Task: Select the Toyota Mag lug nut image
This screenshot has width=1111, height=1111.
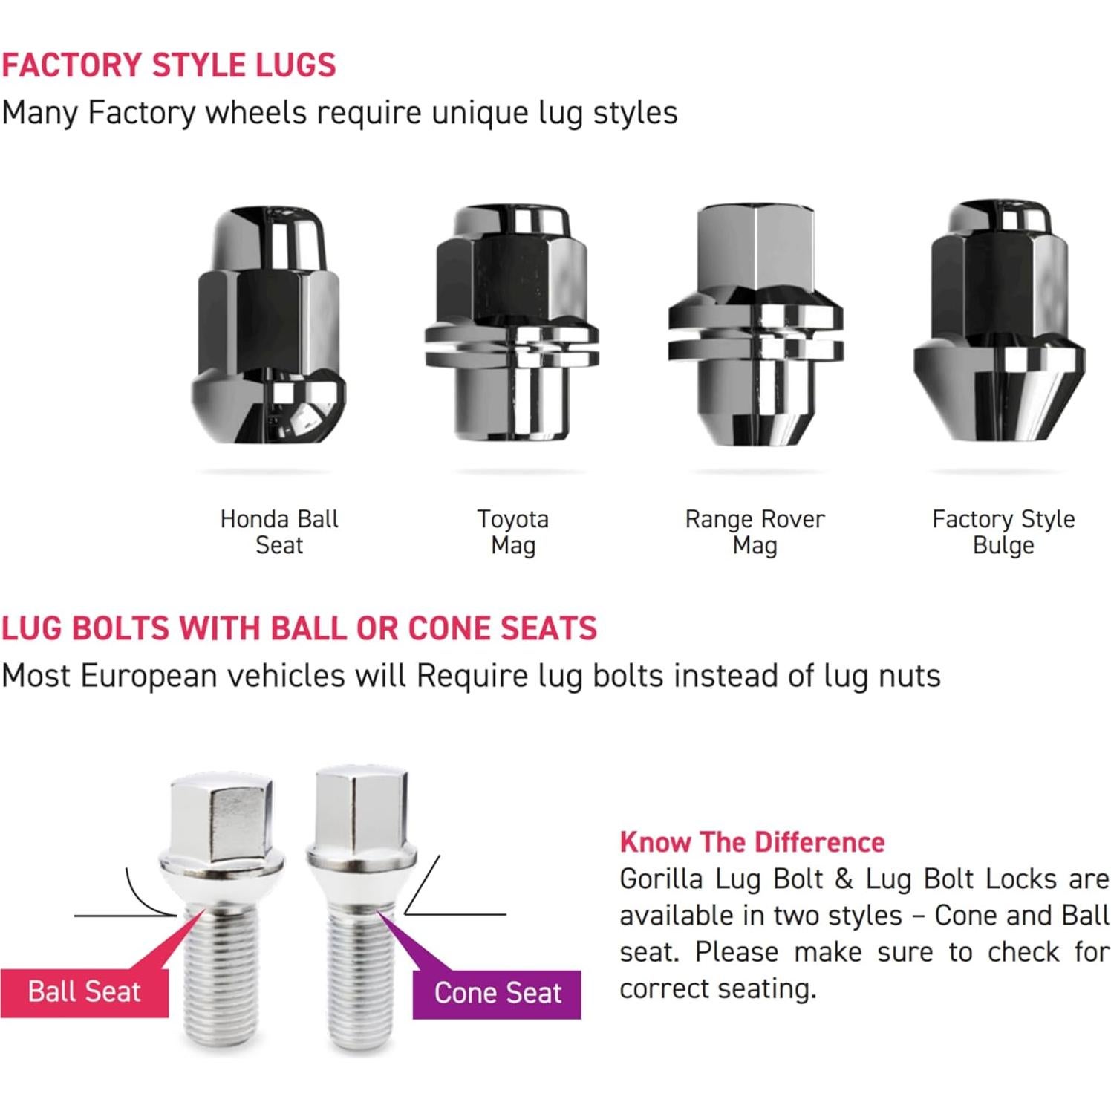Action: [512, 324]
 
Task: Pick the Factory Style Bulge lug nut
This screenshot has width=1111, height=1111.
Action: [1000, 324]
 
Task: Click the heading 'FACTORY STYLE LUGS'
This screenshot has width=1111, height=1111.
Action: [169, 65]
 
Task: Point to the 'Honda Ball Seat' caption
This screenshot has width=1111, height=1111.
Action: [279, 532]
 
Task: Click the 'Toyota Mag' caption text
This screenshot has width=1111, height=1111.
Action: [513, 532]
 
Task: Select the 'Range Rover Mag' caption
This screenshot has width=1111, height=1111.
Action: [755, 532]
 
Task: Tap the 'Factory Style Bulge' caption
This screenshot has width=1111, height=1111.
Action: [1003, 532]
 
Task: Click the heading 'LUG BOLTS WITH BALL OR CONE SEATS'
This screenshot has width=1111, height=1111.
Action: [299, 628]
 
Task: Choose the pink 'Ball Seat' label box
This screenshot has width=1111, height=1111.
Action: [84, 991]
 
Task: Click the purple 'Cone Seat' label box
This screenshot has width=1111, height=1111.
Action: [497, 993]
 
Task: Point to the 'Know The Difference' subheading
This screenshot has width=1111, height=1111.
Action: [752, 842]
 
